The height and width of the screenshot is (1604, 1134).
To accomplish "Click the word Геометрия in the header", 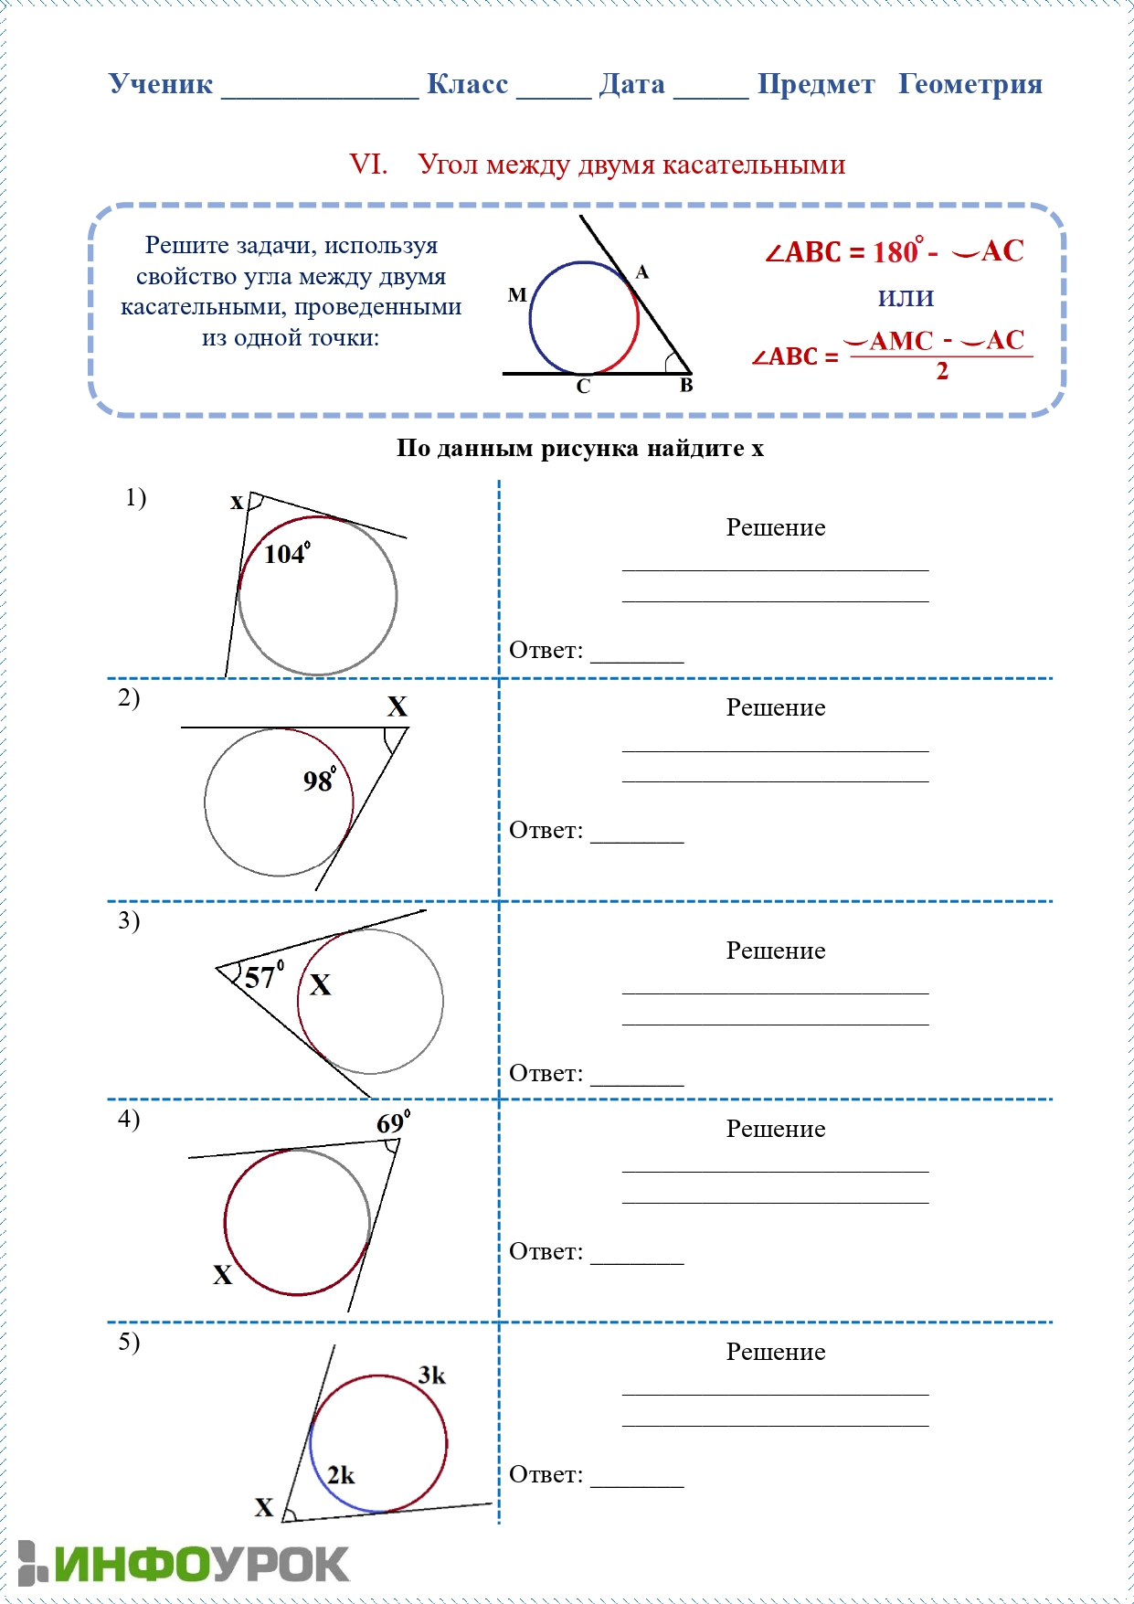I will (x=970, y=84).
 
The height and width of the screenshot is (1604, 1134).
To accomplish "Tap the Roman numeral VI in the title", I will (x=368, y=165).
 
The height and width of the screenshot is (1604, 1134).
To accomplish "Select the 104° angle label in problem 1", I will (x=286, y=554).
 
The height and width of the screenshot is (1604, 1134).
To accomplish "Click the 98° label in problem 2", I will (x=319, y=780).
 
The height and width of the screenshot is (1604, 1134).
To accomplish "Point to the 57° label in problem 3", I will (x=263, y=976).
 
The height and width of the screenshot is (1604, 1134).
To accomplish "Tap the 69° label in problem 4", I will (x=393, y=1122).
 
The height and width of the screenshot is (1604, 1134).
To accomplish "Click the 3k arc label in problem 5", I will (x=432, y=1375).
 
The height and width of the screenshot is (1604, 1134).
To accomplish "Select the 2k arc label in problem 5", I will (x=341, y=1474).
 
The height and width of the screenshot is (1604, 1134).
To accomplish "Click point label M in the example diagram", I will (x=517, y=294).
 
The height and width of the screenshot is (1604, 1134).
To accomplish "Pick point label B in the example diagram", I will (x=686, y=386).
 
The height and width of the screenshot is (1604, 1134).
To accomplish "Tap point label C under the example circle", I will (x=583, y=387).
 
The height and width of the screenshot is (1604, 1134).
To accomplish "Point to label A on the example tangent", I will (x=642, y=271).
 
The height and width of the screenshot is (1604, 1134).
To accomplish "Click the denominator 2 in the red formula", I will (x=942, y=371).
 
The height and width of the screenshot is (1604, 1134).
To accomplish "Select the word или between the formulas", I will (x=906, y=297).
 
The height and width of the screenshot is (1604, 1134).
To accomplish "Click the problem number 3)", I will (x=129, y=920).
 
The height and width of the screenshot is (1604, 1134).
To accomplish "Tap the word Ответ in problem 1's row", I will (x=546, y=650).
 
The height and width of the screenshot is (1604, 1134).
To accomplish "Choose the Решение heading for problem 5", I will (x=775, y=1352).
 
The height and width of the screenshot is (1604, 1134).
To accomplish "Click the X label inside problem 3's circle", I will (x=320, y=984).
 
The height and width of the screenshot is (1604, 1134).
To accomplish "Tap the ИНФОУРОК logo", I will (x=184, y=1564).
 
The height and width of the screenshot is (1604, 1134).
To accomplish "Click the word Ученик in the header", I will (x=161, y=84).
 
